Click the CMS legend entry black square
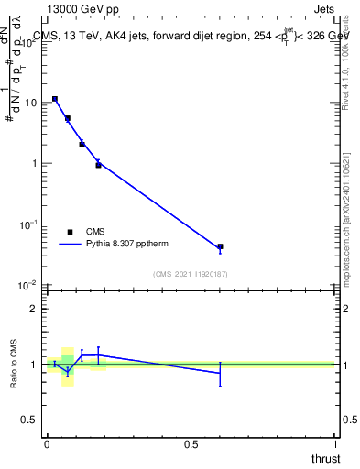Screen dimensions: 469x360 pos(71,232)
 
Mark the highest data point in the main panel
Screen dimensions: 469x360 pos(55,99)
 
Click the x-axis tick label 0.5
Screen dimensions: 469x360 pos(191,443)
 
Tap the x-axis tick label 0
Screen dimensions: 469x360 pos(46,443)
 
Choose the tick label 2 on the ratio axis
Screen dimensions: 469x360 pos(33,309)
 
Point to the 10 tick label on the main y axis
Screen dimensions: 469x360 pos(30,103)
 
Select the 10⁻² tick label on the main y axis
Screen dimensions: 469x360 pos(28,285)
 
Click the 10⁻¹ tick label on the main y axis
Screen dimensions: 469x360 pos(28,224)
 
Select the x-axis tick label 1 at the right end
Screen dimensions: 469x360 pos(335,443)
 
